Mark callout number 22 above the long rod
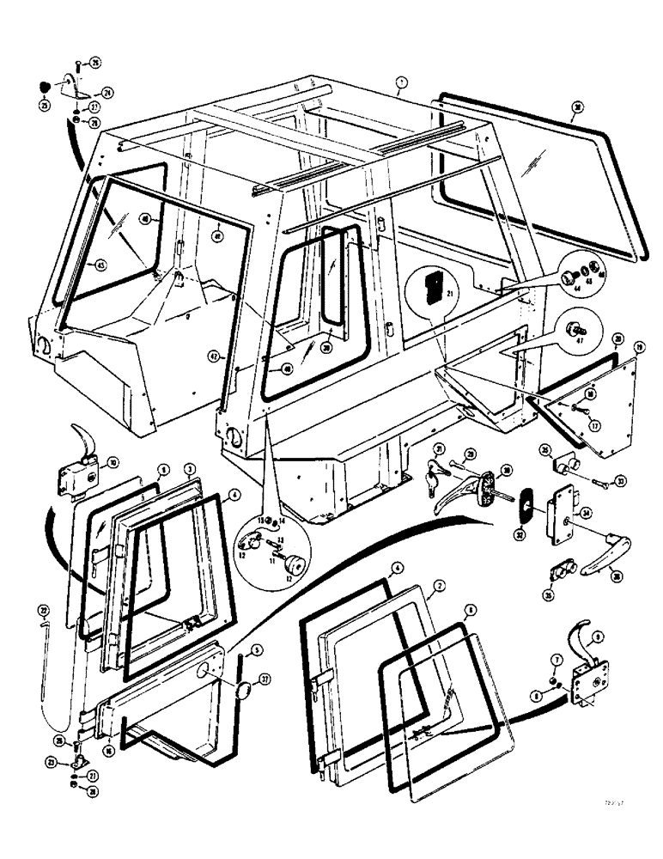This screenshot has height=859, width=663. coord(43,611)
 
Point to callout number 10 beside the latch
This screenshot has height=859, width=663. coord(113,462)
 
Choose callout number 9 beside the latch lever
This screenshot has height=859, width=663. coord(598,637)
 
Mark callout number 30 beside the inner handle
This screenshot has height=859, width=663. coord(507,469)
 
